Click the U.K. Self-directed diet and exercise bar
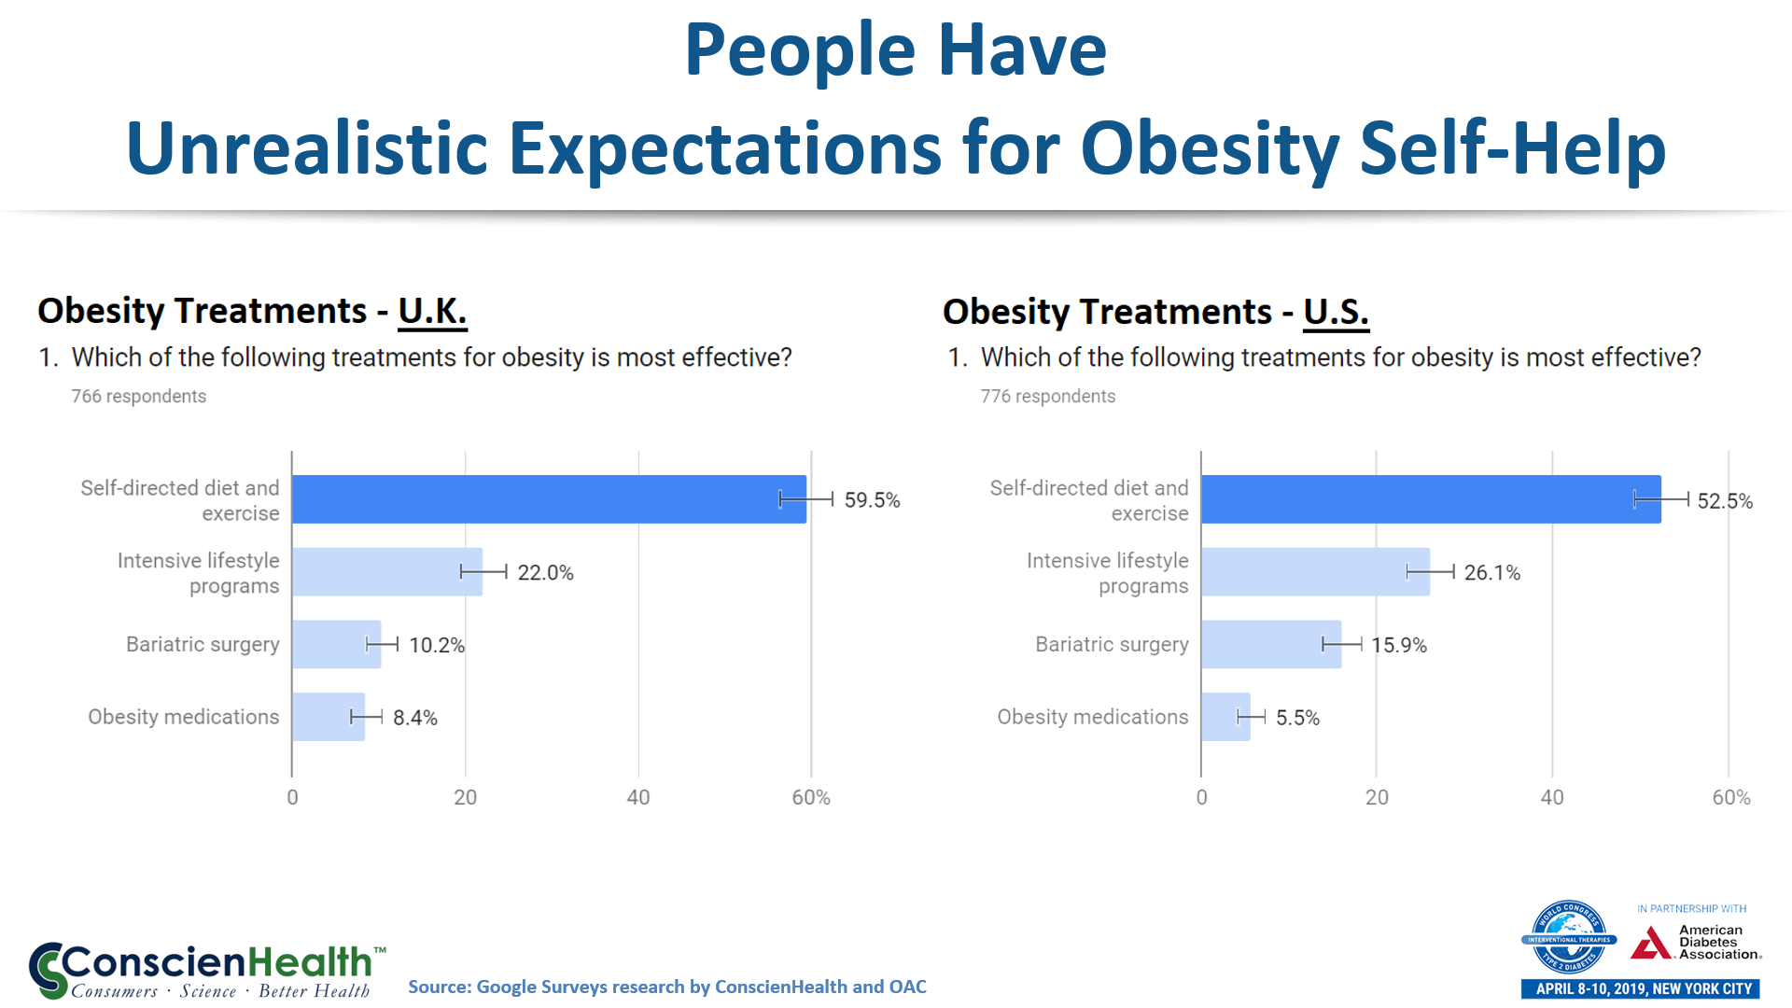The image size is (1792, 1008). pos(549,499)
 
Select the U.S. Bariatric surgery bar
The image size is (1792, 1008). pos(1270,645)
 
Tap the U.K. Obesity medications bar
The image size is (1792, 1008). pos(328,717)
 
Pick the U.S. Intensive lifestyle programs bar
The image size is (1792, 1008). pos(1314,572)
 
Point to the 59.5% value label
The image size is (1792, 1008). pos(872,500)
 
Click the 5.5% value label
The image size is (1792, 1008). pos(1297,718)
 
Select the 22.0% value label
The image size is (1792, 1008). pos(545,573)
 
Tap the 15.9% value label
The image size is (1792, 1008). pos(1398,645)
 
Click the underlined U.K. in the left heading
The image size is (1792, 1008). pos(432,311)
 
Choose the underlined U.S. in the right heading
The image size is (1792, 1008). pos(1336,312)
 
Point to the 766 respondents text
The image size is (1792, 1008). pos(139,397)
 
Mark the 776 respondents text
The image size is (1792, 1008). pos(1047,397)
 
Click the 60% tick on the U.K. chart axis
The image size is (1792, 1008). pos(810,798)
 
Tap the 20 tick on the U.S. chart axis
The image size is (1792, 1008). pos(1377,798)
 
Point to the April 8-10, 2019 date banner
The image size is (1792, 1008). pos(1640,988)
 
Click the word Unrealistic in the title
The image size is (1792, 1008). pos(307,148)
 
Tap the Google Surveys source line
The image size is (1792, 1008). pos(666,987)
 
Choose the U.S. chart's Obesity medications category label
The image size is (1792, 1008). pos(1092,717)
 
